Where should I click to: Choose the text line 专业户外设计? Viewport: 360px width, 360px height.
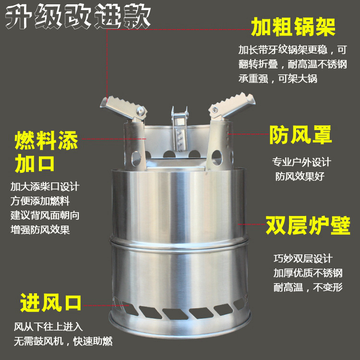(x=301, y=162)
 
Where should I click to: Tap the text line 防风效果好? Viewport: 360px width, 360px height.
(x=300, y=176)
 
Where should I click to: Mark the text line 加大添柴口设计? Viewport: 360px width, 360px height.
(x=45, y=186)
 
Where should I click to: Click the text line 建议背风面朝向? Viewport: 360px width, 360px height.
(x=45, y=215)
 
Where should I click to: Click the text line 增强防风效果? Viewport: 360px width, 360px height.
(x=40, y=229)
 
